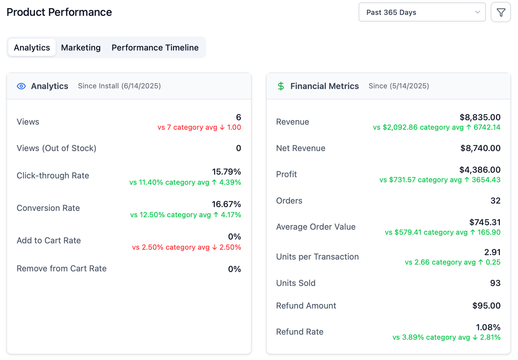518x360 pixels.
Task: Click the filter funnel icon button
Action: [501, 12]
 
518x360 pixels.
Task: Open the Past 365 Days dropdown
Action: [422, 12]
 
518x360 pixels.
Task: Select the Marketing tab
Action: [81, 48]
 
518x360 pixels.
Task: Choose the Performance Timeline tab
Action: [155, 48]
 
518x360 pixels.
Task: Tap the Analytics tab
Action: [32, 48]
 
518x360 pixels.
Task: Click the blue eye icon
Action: [21, 86]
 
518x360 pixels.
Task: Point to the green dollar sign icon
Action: [281, 86]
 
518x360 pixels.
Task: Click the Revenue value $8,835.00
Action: [480, 117]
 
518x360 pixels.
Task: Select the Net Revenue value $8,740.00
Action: [480, 148]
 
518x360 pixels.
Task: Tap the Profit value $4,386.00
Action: [480, 170]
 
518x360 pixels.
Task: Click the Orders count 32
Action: [495, 201]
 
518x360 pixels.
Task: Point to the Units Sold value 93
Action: [495, 283]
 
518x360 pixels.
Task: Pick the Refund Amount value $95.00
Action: [486, 306]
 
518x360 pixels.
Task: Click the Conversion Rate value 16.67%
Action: [226, 204]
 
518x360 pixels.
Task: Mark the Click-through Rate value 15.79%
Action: [226, 172]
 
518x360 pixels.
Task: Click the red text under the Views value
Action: [199, 127]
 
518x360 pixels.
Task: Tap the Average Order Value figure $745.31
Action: [485, 222]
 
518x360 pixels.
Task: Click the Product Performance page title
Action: [59, 12]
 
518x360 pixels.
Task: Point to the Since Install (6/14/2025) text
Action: [119, 86]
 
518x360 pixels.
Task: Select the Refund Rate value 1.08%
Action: [488, 327]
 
